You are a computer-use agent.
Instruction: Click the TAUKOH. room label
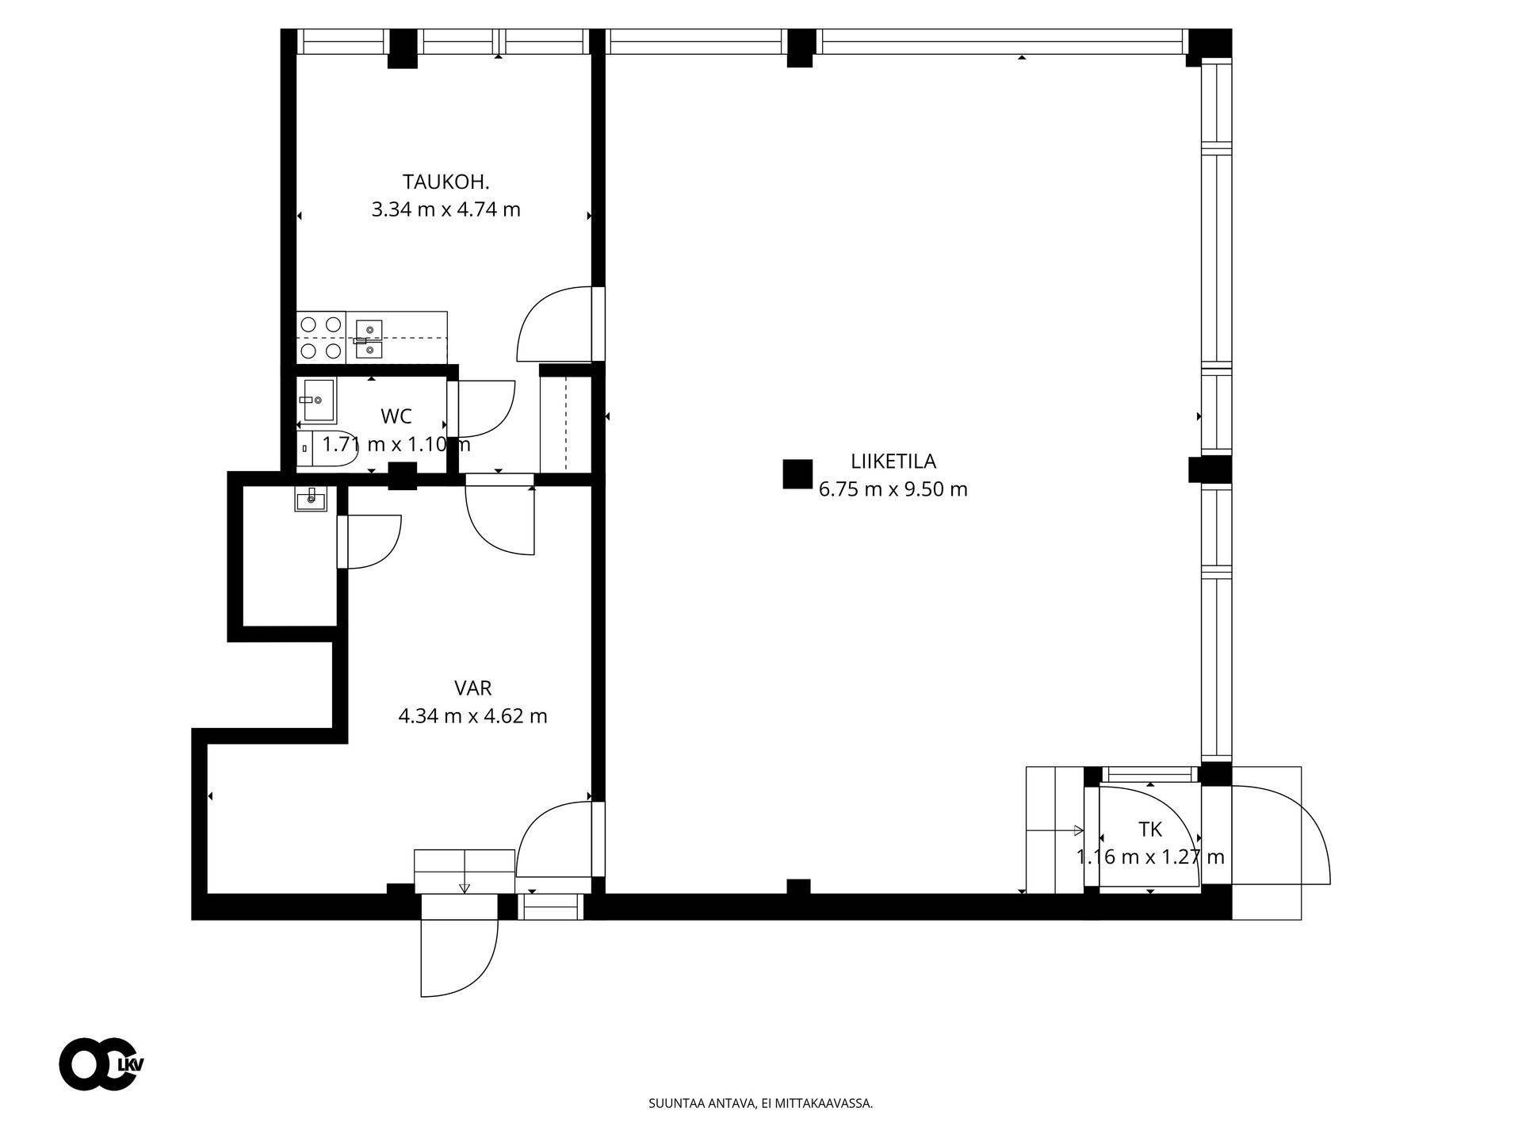point(446,182)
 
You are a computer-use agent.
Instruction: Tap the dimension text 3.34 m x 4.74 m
point(446,210)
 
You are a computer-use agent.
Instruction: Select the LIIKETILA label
point(893,461)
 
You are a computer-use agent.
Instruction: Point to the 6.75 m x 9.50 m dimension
point(893,489)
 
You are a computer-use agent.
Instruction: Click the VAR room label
point(473,688)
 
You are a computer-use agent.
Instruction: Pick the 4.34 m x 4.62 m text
point(473,716)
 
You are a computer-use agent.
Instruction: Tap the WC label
point(396,416)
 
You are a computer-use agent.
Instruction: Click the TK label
point(1150,830)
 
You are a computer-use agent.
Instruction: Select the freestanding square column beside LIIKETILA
point(797,474)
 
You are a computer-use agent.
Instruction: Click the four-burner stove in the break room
point(321,337)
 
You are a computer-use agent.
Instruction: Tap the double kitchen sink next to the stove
point(369,337)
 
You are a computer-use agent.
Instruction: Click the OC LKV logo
point(101,1063)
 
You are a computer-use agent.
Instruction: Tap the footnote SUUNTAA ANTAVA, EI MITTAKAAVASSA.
point(760,1103)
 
